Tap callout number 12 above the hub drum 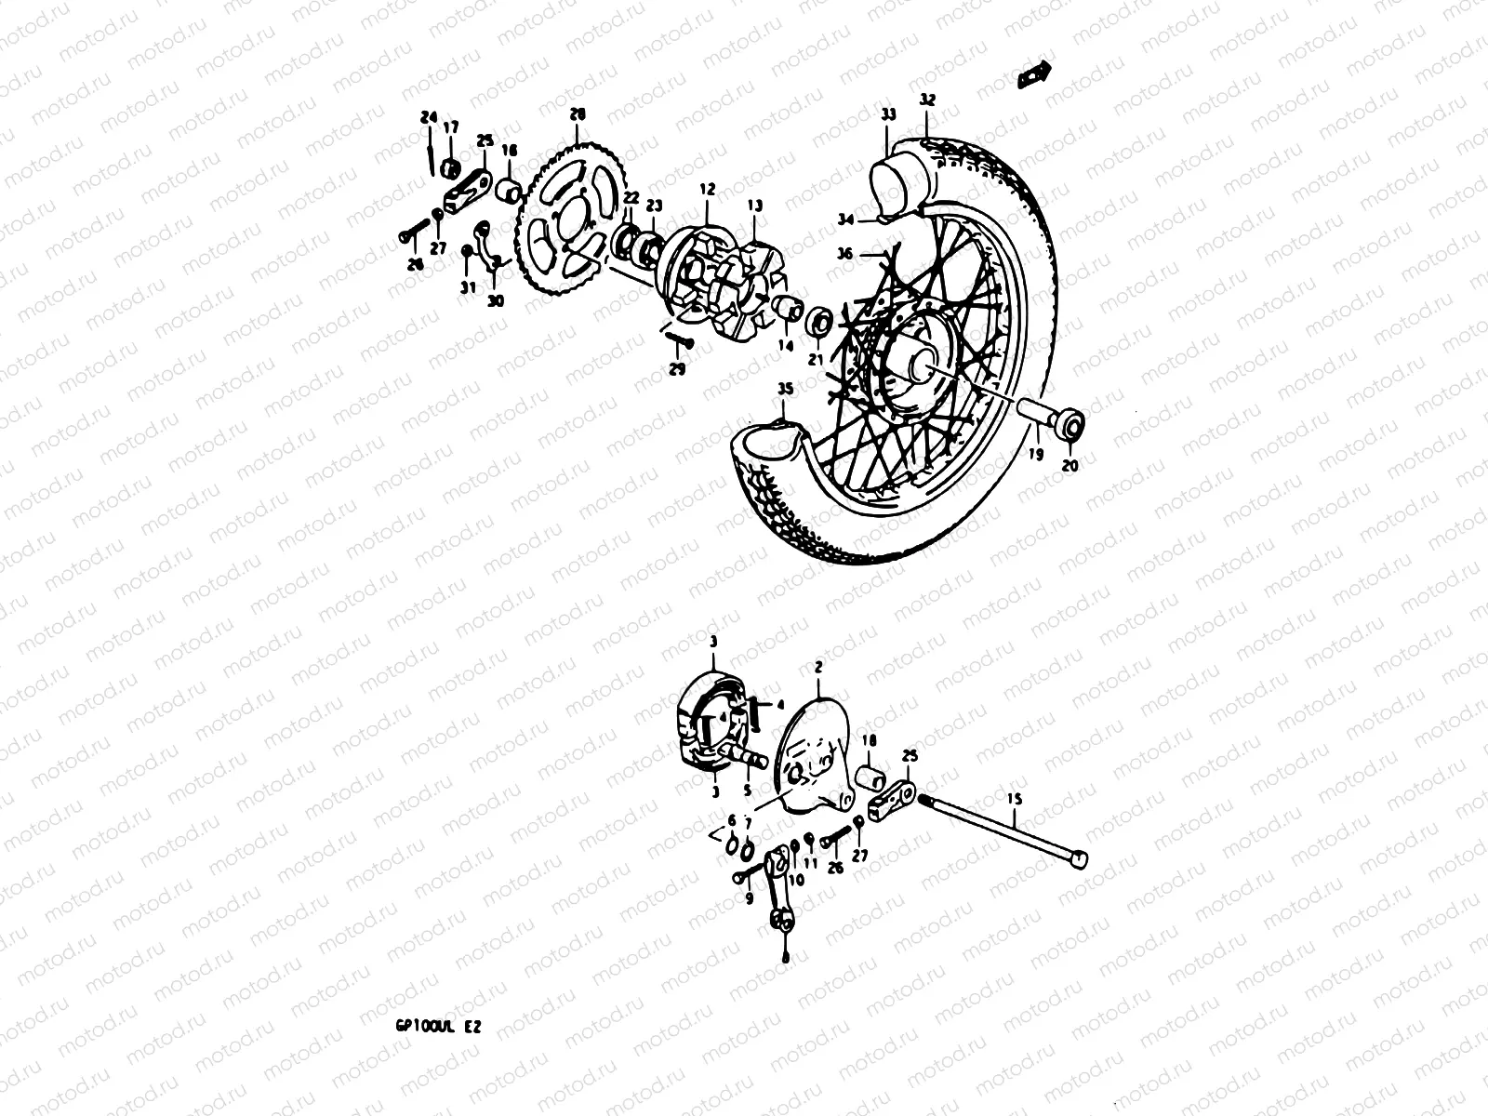coord(708,190)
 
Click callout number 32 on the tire coord(927,100)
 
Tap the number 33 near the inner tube coord(888,115)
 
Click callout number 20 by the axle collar coord(1069,466)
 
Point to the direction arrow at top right coord(1033,74)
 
